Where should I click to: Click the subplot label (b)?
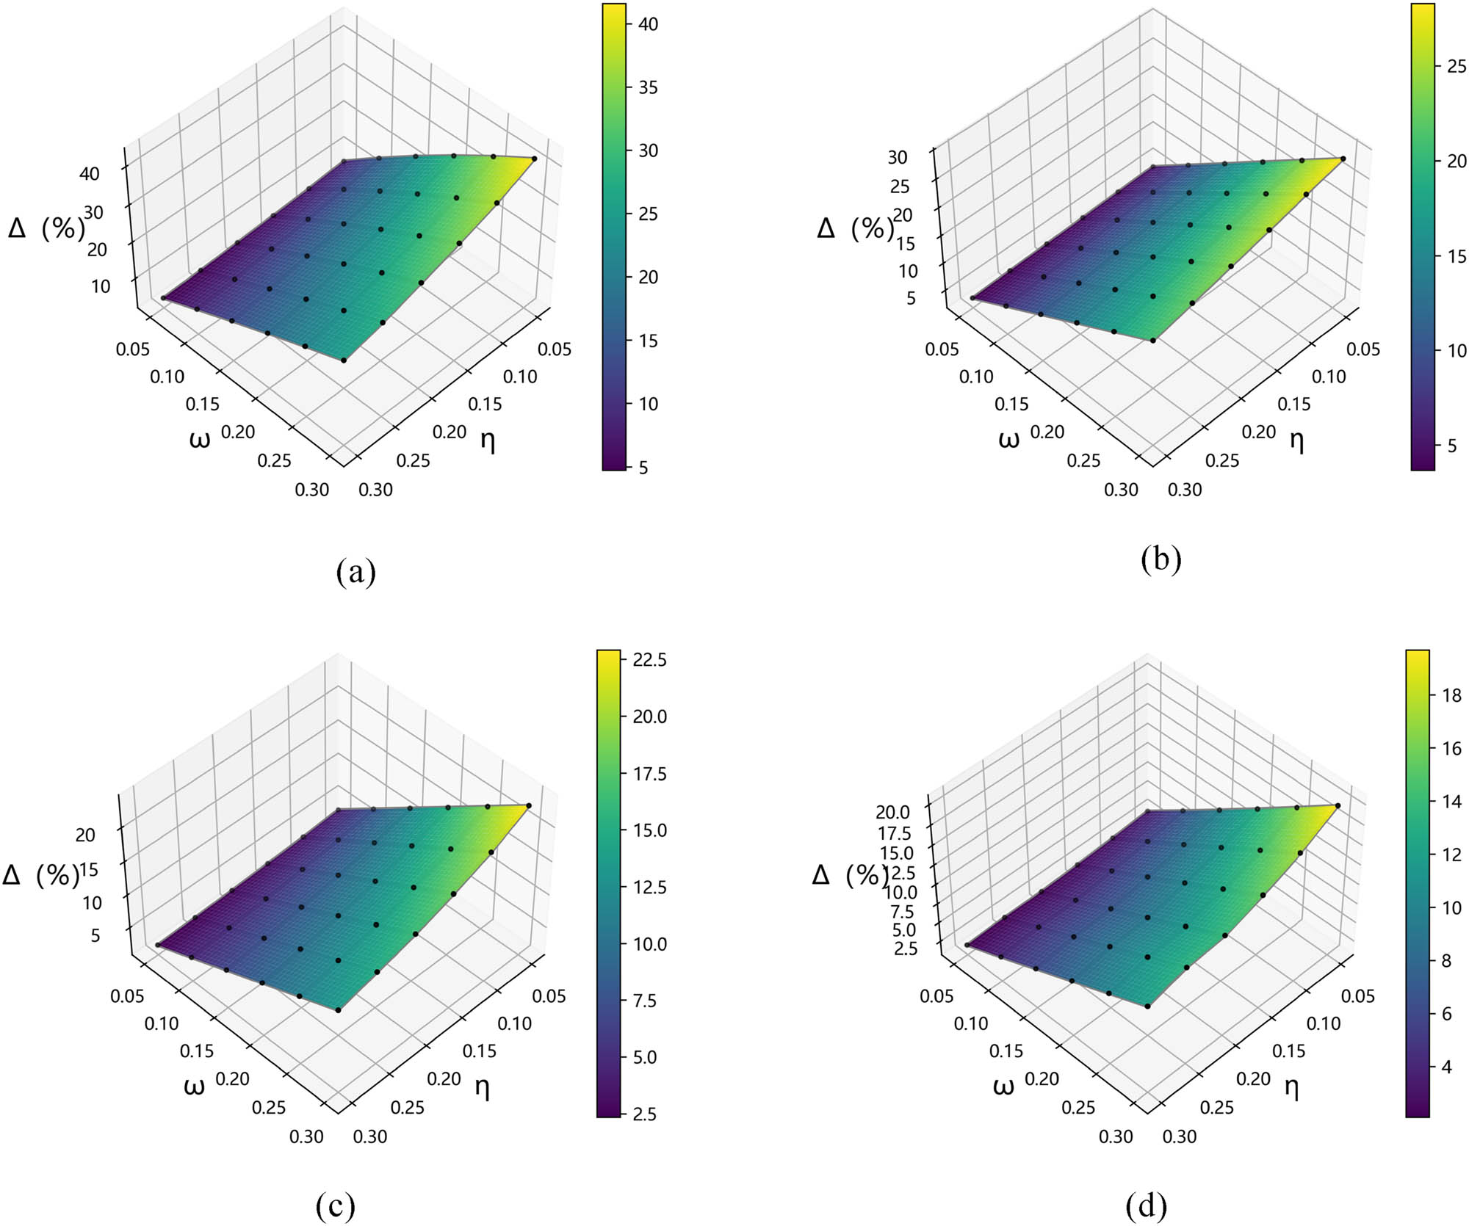point(1161,559)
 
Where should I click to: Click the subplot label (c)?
point(335,1205)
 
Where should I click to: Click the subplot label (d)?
point(1146,1205)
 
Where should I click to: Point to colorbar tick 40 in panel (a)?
point(647,24)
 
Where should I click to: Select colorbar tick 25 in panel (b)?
point(1456,67)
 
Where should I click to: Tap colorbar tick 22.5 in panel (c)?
point(649,660)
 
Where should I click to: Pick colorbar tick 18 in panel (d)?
point(1452,695)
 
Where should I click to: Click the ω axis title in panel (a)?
point(199,439)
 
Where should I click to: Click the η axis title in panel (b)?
point(1296,440)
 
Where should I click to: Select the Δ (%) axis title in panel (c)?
point(40,875)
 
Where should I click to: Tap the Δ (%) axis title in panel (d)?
point(850,875)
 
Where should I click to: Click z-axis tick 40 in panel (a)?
point(90,174)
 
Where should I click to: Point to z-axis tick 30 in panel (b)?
point(898,157)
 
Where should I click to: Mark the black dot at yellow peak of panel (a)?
point(534,159)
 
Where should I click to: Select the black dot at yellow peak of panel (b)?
point(1343,159)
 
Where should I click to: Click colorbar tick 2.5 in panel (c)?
point(644,1114)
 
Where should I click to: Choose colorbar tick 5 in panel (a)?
point(643,468)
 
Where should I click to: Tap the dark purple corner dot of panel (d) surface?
point(967,946)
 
